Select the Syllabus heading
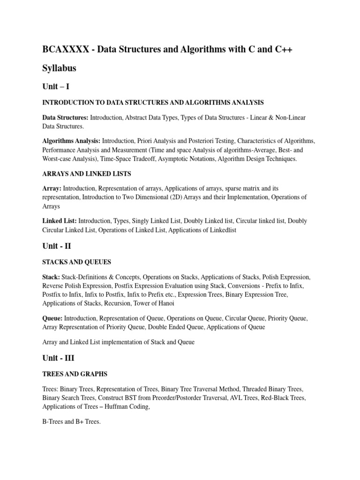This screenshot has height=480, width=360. click(60, 68)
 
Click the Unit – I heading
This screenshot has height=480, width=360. click(56, 86)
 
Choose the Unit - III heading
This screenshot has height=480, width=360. click(59, 358)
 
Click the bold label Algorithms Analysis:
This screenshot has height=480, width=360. click(71, 141)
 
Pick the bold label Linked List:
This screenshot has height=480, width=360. click(60, 220)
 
